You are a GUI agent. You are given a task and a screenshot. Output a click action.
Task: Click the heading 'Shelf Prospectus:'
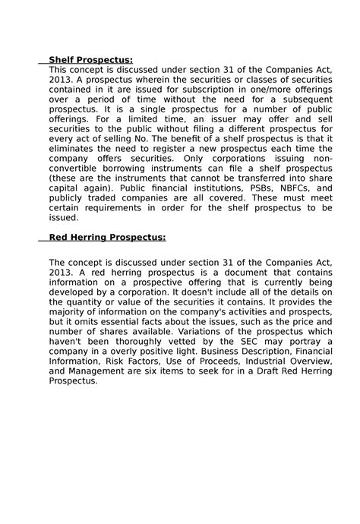point(90,60)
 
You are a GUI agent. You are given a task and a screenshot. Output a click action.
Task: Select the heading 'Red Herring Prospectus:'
point(107,236)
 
